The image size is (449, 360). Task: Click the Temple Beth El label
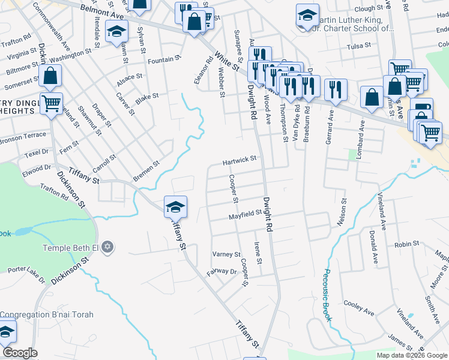(70, 248)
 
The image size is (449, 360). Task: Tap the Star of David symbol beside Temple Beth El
(108, 247)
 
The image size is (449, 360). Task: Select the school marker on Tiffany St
(175, 208)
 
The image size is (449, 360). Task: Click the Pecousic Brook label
(328, 295)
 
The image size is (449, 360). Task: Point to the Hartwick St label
(240, 160)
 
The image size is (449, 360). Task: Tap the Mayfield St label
(244, 213)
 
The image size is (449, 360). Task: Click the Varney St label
(226, 254)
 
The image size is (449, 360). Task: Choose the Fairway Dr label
(221, 272)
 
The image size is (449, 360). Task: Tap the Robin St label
(406, 245)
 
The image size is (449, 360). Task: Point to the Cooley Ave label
(359, 308)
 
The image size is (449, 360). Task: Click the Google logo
(20, 353)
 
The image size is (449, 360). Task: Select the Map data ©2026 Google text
(412, 355)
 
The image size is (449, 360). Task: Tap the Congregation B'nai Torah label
(42, 314)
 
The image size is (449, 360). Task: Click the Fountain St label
(164, 59)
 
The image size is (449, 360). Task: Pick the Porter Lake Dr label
(26, 274)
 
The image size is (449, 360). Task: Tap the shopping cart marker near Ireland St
(52, 103)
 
